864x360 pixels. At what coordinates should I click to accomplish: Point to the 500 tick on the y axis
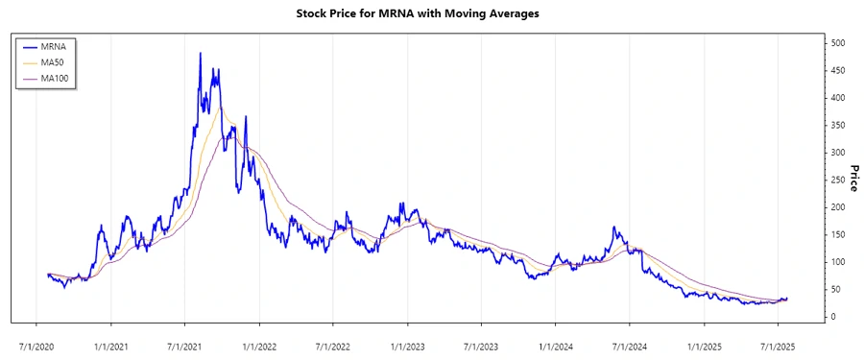point(838,43)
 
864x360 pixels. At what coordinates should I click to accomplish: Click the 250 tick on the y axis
point(838,180)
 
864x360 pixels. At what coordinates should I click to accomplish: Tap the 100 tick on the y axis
point(838,262)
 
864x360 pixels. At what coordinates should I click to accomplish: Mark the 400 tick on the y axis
point(838,98)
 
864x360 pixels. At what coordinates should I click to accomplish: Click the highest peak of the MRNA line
point(200,54)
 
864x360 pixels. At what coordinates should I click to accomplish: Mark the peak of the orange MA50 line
point(220,108)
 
